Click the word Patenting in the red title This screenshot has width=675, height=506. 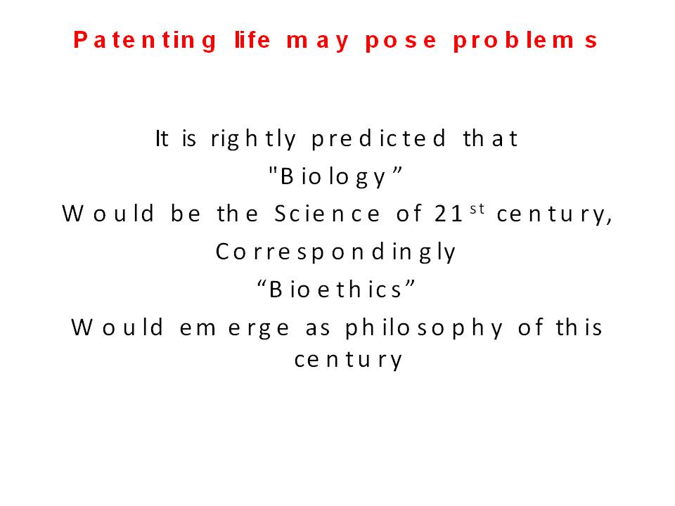(145, 41)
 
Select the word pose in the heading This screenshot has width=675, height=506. (401, 41)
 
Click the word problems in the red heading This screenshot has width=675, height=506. (525, 41)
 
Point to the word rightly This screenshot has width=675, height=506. (253, 139)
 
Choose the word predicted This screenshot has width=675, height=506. (378, 139)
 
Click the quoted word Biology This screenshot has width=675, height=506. (335, 176)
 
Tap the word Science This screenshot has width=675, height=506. (327, 214)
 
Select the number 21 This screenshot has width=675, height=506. (449, 214)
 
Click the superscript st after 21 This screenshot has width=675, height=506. (477, 209)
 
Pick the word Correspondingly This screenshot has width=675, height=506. (335, 252)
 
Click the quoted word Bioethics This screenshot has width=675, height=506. (336, 289)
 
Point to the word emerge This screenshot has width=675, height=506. (234, 329)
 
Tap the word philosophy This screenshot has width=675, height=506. (423, 328)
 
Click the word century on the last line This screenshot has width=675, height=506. (348, 361)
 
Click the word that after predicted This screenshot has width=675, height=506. (490, 138)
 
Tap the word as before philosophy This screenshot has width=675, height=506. (318, 330)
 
